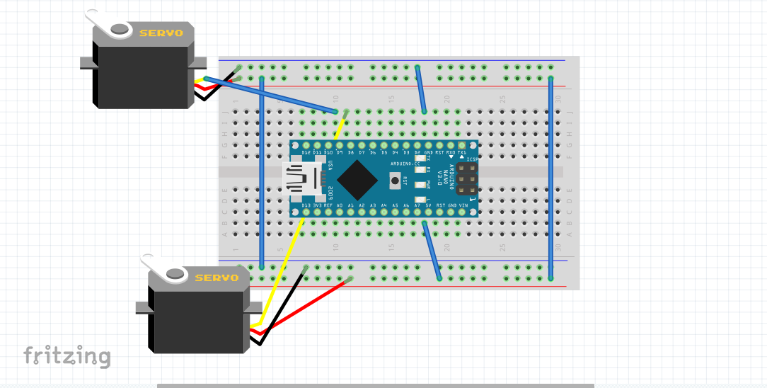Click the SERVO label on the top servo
tap(161, 33)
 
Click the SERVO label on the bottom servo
tap(217, 278)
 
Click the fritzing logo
tap(67, 355)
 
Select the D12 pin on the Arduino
tap(306, 147)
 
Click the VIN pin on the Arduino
tap(463, 211)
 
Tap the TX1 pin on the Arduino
tap(462, 147)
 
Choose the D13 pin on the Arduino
tap(306, 211)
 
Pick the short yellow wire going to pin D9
tap(340, 127)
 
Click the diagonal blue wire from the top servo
tap(269, 95)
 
